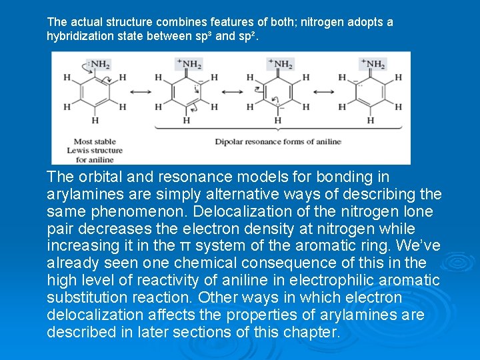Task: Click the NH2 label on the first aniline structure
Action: click(x=100, y=64)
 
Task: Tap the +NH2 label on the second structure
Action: click(x=189, y=64)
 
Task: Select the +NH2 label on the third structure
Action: click(x=281, y=64)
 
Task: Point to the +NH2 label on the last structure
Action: click(x=373, y=64)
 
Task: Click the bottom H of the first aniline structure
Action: click(x=95, y=121)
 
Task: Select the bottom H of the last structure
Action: click(x=370, y=121)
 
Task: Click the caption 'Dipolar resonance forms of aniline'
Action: click(x=277, y=141)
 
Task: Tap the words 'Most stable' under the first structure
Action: click(x=95, y=141)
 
